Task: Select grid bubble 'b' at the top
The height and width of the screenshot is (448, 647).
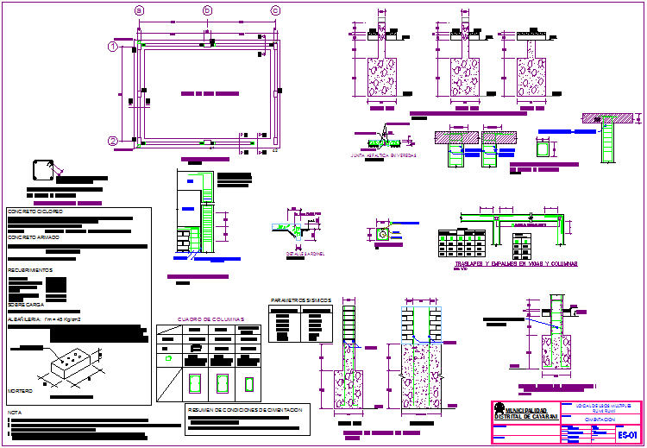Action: tap(207, 10)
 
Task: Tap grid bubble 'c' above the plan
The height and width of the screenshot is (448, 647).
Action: tap(275, 10)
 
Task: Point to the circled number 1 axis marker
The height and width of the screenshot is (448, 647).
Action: tap(113, 47)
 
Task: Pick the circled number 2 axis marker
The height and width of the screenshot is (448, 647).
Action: tap(113, 141)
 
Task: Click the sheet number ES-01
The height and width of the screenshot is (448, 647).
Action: tap(627, 434)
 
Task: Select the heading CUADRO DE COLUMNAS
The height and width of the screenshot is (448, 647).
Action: tap(211, 319)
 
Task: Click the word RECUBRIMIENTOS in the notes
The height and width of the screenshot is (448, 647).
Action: tap(31, 270)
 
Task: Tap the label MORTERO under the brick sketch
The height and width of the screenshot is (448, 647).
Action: tap(20, 391)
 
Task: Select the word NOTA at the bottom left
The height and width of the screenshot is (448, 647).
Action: tap(15, 413)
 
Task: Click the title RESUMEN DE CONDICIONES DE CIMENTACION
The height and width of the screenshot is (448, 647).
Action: tap(245, 409)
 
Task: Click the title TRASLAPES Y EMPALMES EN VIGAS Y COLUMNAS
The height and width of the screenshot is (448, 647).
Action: tap(516, 263)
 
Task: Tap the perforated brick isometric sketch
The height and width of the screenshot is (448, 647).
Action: tap(72, 363)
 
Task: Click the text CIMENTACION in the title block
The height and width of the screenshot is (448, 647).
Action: tap(600, 419)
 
